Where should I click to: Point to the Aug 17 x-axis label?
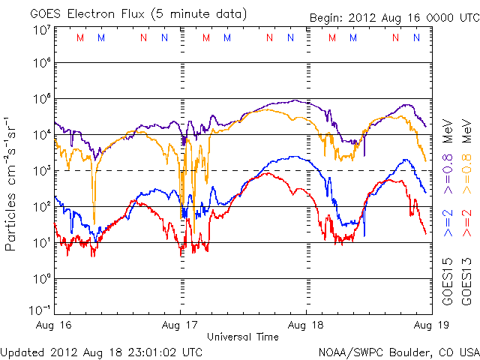pos(180,326)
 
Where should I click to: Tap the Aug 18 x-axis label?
pos(306,326)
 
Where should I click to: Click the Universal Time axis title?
pos(243,337)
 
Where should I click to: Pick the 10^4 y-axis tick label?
pos(40,135)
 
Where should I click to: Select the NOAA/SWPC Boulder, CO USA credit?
pos(398,351)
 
